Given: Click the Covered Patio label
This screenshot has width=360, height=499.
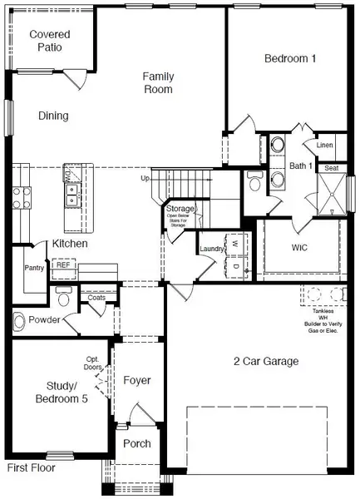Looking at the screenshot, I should pos(50,41).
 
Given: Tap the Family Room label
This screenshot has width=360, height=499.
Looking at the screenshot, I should pos(157,82).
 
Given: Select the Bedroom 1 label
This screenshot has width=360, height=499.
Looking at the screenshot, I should pos(293,58).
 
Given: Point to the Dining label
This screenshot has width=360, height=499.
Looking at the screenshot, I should pos(52,116).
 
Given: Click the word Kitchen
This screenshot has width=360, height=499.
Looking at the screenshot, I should pos(71,244).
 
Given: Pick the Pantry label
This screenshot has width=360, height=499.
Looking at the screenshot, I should pos(35,269).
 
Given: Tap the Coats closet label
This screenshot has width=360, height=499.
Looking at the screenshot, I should pos(96,296).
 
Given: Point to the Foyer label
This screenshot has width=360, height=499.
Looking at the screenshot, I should pos(137,380).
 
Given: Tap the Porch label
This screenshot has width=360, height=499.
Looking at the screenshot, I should pos(136,443).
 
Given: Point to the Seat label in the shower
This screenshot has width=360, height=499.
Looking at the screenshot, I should pos(331,168).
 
